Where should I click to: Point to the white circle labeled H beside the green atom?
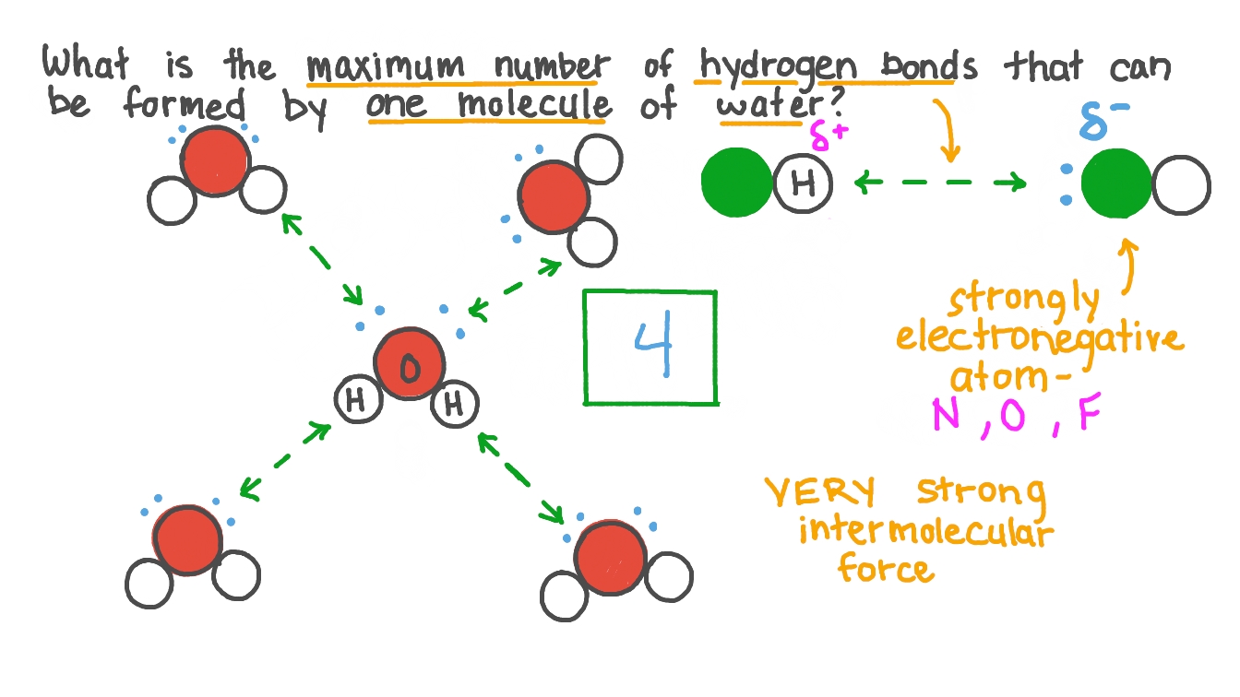(804, 184)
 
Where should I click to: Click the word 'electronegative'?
(1039, 339)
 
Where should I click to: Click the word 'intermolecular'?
(925, 531)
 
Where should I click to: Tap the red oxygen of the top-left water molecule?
(215, 161)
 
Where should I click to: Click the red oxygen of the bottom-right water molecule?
(608, 558)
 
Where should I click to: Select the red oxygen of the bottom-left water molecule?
(187, 540)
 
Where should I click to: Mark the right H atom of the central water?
(454, 404)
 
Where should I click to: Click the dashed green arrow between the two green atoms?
(940, 183)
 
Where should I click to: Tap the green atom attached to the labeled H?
(736, 183)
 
